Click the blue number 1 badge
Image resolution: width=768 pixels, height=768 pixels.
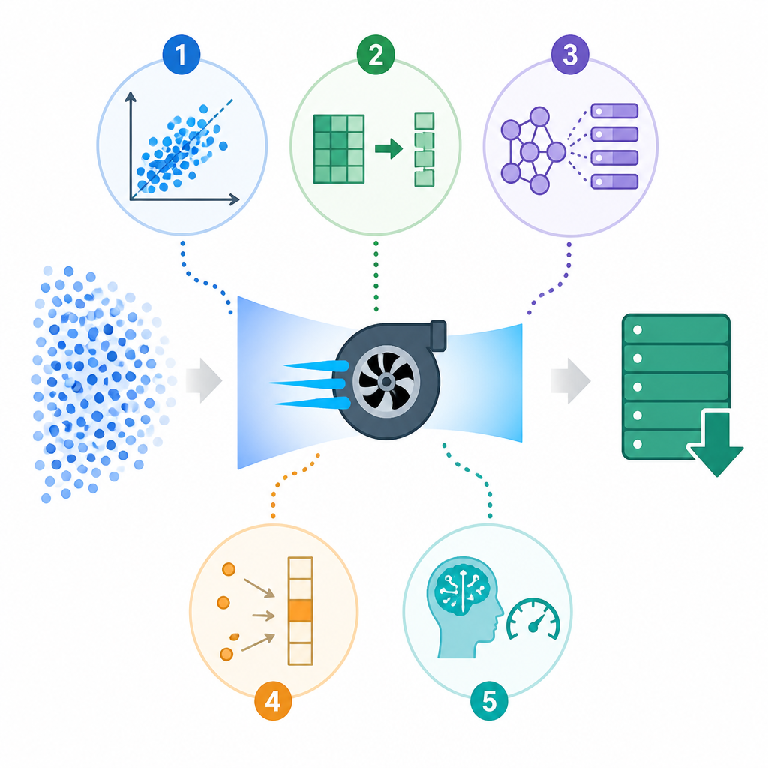coord(181,54)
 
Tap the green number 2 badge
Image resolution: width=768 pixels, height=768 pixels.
coord(376,54)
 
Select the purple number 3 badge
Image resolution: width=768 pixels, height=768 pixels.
coord(570,54)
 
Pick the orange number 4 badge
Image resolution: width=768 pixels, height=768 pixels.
coord(273,701)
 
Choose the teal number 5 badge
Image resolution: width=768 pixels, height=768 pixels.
coord(489,701)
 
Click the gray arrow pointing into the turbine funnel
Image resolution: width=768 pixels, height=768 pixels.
coord(204,380)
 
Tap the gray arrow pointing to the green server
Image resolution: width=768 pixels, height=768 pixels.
coord(571,380)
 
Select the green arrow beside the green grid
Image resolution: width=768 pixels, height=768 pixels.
coord(389,148)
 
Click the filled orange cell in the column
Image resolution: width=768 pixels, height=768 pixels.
coord(300,610)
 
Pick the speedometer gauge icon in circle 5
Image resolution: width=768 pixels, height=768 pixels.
coord(533,620)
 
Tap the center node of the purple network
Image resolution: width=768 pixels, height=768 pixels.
coord(530,151)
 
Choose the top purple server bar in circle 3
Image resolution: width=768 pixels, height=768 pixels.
coord(614,111)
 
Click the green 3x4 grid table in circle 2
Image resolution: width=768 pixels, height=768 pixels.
coord(339,149)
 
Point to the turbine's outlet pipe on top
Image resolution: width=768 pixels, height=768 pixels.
coord(438,335)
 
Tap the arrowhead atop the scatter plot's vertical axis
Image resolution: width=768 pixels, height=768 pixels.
coord(130,97)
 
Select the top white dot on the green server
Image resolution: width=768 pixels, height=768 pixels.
coord(637,330)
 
